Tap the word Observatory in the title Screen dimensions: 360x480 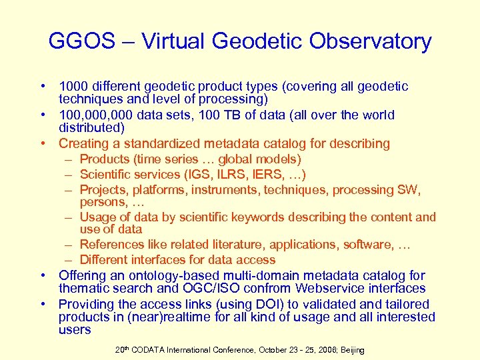click(371, 41)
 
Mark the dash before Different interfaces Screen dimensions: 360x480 click(69, 260)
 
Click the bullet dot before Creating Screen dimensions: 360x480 click(43, 143)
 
